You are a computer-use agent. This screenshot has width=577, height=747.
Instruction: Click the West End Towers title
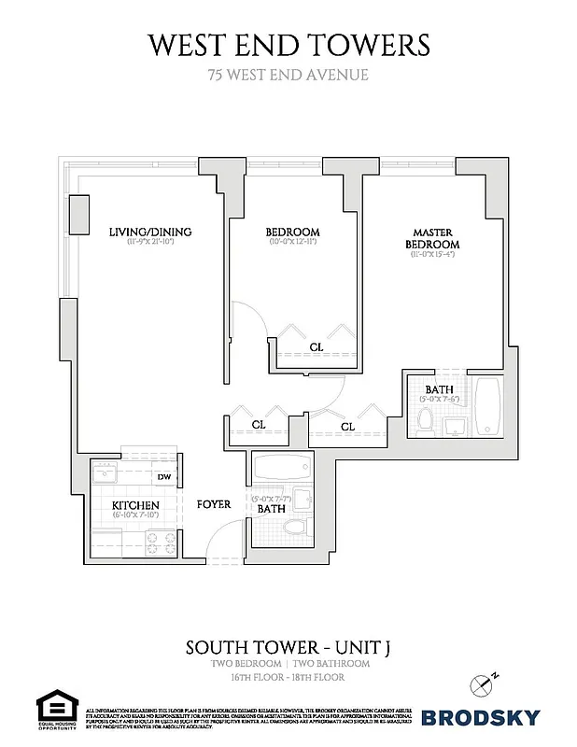(288, 44)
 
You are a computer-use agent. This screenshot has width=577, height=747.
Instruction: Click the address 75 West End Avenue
(288, 74)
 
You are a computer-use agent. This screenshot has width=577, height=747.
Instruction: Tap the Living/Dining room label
(149, 232)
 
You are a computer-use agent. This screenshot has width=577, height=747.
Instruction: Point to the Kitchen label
(135, 506)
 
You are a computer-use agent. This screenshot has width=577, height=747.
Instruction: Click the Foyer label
(214, 504)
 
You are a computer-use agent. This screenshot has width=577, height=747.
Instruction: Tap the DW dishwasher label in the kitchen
(164, 478)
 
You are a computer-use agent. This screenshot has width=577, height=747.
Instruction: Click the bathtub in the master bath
(488, 405)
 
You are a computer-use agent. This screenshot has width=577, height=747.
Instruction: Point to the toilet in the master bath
(426, 422)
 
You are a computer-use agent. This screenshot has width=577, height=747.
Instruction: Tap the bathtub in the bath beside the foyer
(281, 467)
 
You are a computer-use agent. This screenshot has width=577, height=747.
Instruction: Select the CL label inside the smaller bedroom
(317, 347)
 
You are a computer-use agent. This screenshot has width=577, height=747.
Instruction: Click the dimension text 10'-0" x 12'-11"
(292, 244)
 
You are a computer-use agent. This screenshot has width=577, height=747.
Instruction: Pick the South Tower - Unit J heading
(288, 646)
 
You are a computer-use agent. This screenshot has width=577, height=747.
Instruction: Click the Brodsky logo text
(481, 717)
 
